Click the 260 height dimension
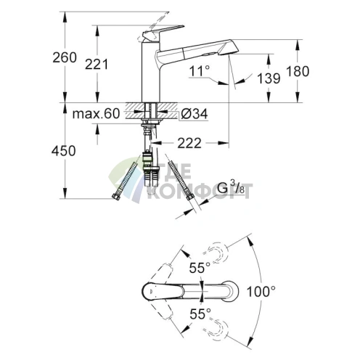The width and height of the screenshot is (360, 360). (x=65, y=57)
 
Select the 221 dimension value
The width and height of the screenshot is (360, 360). (x=97, y=65)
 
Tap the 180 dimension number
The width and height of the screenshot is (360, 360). (x=298, y=71)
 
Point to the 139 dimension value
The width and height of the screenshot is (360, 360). (x=269, y=78)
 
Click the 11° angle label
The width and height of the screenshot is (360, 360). (x=200, y=71)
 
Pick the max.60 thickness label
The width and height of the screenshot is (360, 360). (x=96, y=113)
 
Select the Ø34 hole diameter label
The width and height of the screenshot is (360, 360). (x=194, y=114)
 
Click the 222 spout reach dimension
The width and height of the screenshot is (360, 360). (x=189, y=144)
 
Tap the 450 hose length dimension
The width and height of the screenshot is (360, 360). (x=64, y=151)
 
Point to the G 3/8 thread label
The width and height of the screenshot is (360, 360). (x=231, y=188)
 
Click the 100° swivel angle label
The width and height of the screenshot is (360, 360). (x=261, y=291)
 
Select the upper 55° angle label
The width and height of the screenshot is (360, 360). (x=200, y=268)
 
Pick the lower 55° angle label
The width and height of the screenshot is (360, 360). (x=200, y=314)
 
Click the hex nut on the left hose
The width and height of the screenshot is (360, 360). (x=116, y=197)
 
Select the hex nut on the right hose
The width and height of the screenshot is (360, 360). (x=190, y=196)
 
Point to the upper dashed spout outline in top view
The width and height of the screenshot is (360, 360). (x=216, y=253)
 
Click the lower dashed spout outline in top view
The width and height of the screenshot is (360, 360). (x=216, y=329)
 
